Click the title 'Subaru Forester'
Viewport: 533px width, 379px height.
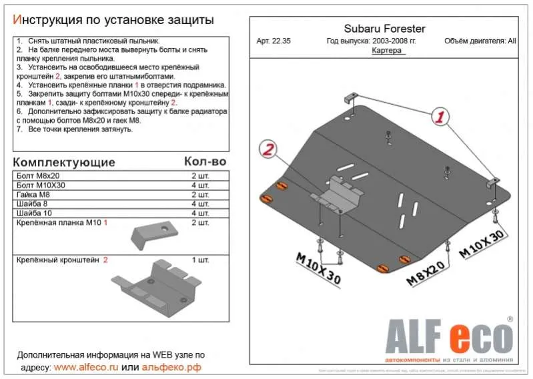coord(384,29)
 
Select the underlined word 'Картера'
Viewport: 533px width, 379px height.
coord(387,51)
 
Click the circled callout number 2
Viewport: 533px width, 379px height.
coord(268,151)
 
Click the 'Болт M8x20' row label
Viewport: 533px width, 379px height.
coord(34,175)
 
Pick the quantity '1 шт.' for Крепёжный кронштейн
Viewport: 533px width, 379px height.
coord(201,260)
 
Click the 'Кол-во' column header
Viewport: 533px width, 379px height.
coord(205,162)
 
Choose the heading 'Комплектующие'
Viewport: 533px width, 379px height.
coord(64,163)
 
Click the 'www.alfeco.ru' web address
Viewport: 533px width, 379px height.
coord(86,367)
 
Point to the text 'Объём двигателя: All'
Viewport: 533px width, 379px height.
coord(479,41)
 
